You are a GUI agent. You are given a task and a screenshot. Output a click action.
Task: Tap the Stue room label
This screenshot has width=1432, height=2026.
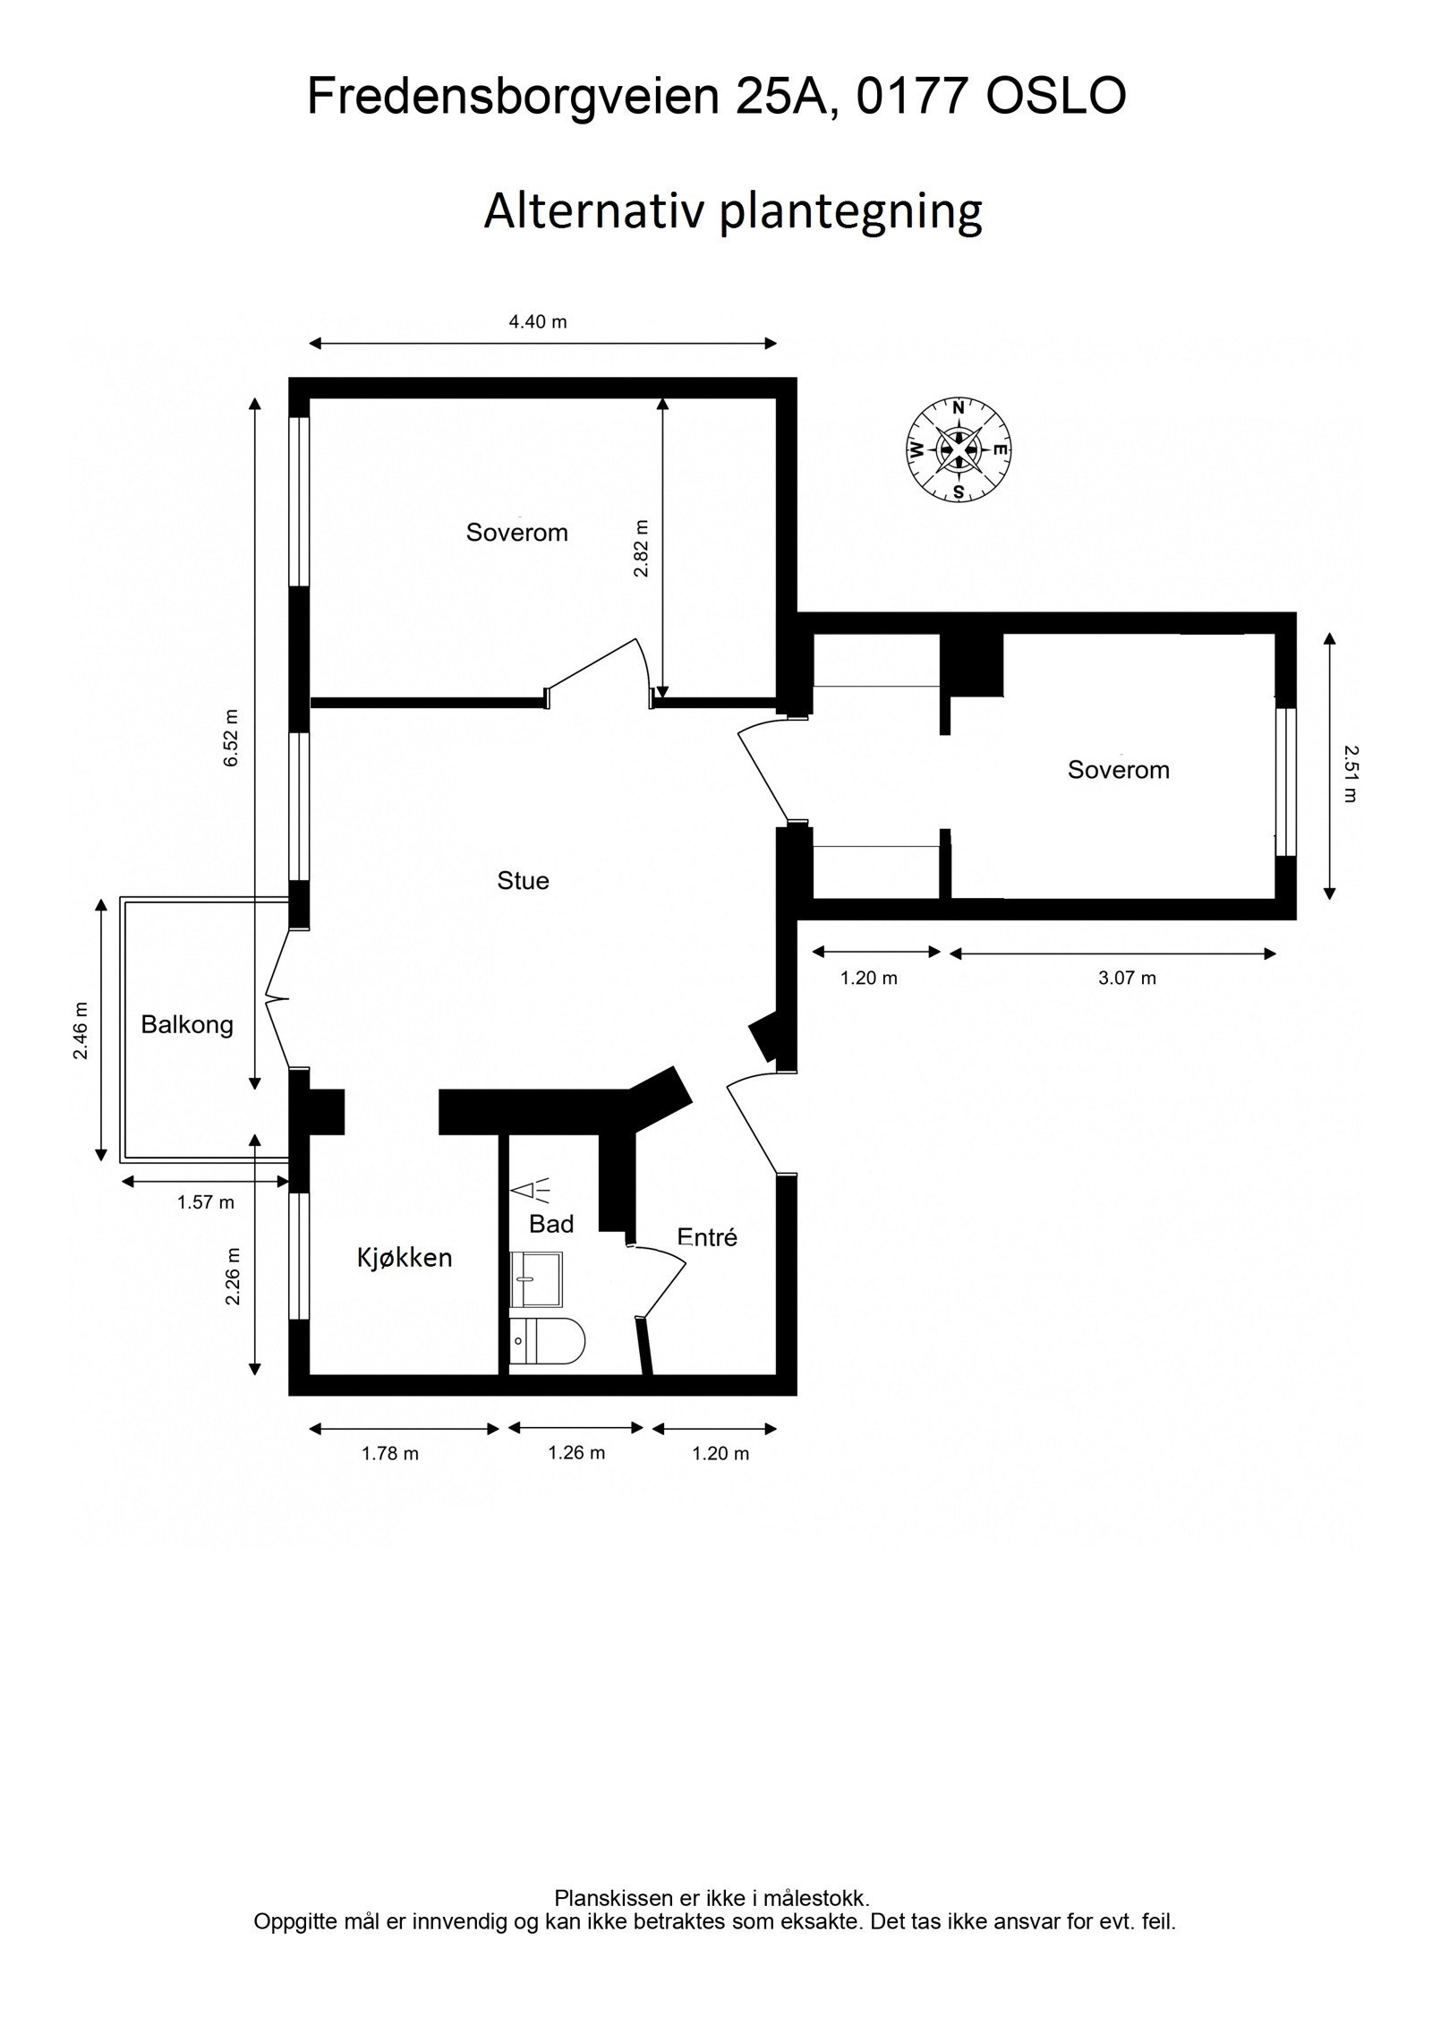click(523, 881)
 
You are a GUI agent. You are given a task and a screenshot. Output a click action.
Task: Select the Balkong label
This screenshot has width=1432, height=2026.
click(187, 1025)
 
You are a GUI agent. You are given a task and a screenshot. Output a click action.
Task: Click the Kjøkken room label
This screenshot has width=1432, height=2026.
click(405, 1259)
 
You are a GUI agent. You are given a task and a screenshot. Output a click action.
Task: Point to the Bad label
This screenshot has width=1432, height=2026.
click(551, 1224)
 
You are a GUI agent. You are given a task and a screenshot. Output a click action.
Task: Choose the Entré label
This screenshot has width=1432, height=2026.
click(707, 1237)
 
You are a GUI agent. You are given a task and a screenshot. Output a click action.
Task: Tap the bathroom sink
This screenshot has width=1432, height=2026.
click(536, 1280)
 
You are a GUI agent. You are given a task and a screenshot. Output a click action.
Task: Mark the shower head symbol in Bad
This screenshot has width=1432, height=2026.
click(532, 1190)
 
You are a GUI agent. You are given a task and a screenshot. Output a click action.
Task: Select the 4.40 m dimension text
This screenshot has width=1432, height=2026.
click(538, 322)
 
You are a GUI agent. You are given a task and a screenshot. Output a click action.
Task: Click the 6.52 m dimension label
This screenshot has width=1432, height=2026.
click(232, 737)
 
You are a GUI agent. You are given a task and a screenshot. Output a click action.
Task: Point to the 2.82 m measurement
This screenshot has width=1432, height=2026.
click(641, 548)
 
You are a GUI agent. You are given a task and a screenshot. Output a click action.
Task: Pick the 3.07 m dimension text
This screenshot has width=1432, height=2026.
click(1127, 979)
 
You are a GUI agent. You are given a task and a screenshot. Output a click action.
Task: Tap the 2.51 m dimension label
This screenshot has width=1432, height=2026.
click(1351, 774)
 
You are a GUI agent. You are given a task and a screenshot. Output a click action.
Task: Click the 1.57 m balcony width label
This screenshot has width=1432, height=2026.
click(206, 1202)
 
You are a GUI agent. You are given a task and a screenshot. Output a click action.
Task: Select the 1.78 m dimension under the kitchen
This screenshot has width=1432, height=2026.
click(390, 1453)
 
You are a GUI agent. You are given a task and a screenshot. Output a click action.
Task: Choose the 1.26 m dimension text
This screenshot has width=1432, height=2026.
click(576, 1452)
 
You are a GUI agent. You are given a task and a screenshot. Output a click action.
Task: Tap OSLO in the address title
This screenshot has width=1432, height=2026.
click(1055, 97)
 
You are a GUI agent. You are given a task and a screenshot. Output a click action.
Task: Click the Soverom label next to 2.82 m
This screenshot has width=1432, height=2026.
click(516, 533)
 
